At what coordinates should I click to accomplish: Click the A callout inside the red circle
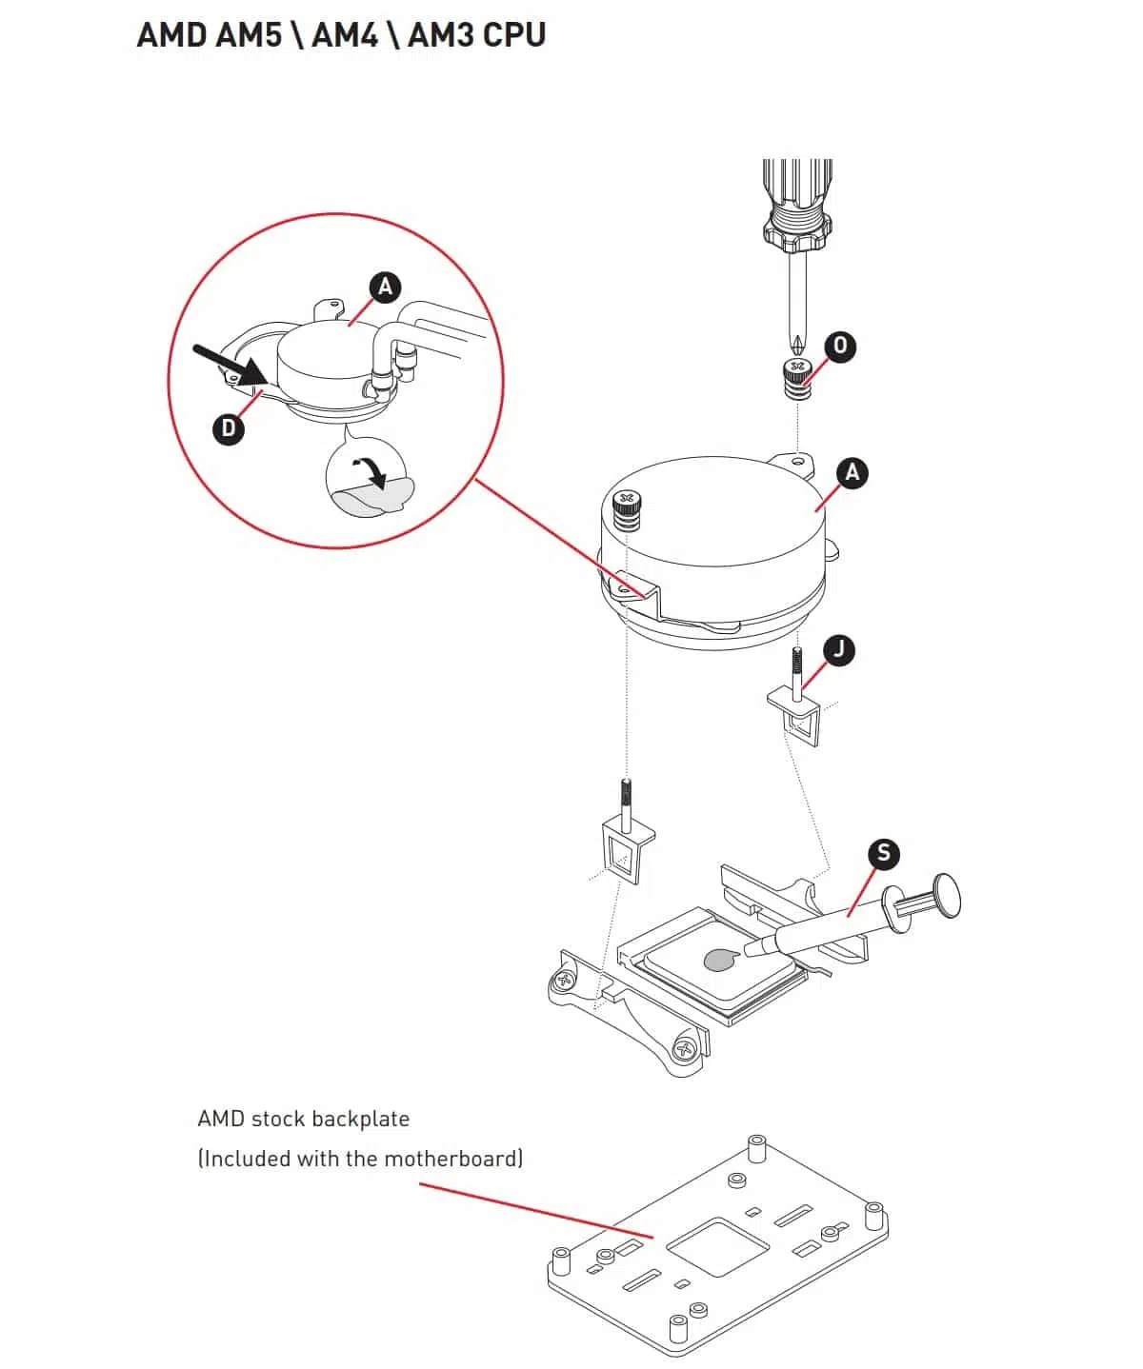385,287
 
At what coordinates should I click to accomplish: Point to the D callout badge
228,428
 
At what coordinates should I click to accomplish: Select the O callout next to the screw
839,346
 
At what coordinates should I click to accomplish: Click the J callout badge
838,650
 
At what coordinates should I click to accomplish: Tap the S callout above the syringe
884,853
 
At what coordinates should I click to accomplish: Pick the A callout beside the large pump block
852,472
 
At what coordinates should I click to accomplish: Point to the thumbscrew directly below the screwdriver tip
796,381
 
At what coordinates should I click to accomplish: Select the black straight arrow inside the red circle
229,366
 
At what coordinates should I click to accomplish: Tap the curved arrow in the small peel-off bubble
371,470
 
